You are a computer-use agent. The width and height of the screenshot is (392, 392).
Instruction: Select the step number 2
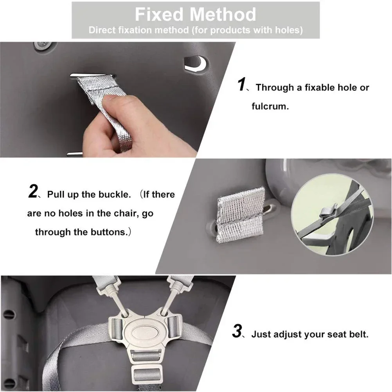33,192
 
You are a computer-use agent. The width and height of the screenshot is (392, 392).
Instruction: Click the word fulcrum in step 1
270,106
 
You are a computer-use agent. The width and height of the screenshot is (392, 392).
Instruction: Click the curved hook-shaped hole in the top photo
195,63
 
